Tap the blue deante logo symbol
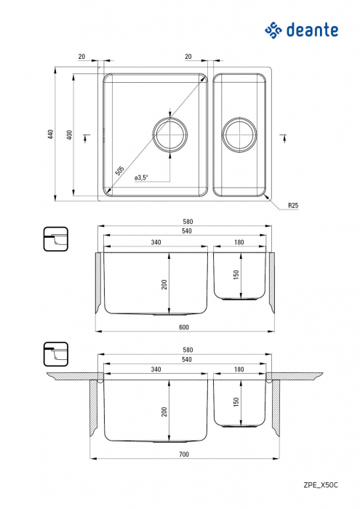point(273,30)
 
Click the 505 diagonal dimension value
point(120,172)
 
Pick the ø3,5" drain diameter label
point(142,177)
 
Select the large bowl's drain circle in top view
point(169,135)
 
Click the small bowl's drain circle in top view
point(239,135)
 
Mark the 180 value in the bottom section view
point(240,369)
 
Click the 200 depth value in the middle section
point(164,283)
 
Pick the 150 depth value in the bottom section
point(234,401)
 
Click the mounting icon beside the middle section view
point(55,239)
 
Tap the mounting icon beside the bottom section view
point(55,354)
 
